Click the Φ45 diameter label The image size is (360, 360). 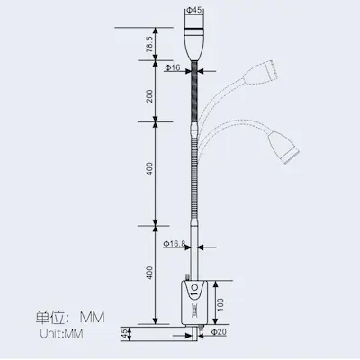click(x=193, y=10)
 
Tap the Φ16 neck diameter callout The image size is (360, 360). click(x=173, y=67)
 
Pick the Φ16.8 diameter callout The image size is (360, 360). click(x=175, y=243)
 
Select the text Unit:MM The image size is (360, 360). click(x=60, y=334)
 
